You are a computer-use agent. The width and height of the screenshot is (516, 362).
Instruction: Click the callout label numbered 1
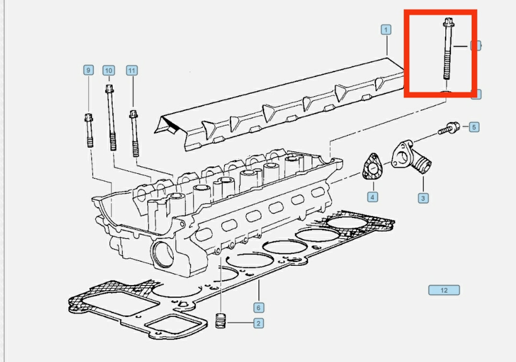coord(386,30)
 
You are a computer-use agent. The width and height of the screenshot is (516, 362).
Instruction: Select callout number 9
coord(88,70)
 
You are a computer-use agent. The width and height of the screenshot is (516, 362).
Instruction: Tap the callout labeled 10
coord(109,70)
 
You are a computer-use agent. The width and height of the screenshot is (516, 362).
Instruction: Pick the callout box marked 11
coord(132,70)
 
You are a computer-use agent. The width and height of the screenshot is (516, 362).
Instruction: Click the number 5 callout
coord(474,127)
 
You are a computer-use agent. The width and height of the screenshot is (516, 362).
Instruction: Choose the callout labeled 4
coord(372,197)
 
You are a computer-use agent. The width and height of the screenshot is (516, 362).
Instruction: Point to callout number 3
coord(423,198)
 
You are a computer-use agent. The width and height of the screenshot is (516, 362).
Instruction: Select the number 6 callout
coord(259,308)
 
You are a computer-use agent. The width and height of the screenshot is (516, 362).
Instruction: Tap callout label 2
coord(259,323)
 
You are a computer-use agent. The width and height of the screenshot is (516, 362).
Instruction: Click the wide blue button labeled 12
coord(444,290)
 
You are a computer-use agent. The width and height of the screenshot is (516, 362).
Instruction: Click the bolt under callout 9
coord(89,131)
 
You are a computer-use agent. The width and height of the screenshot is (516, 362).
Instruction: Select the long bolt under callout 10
coord(111,118)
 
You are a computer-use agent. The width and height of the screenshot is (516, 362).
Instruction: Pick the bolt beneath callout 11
coord(134,133)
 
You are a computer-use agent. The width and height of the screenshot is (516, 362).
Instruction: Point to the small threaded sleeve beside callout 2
coord(220,321)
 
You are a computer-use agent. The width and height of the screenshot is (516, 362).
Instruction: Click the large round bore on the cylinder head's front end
coord(163,254)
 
